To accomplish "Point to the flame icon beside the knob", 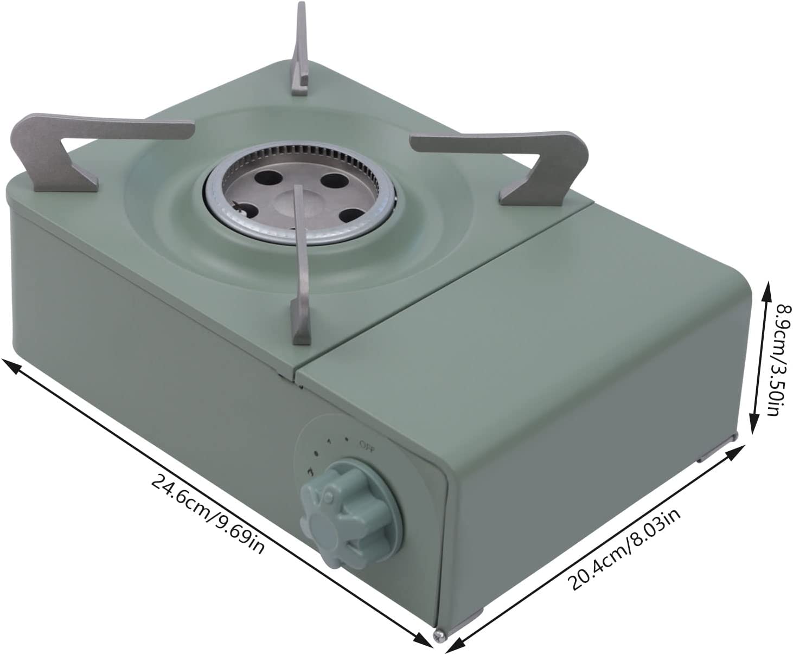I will click(x=310, y=472).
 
